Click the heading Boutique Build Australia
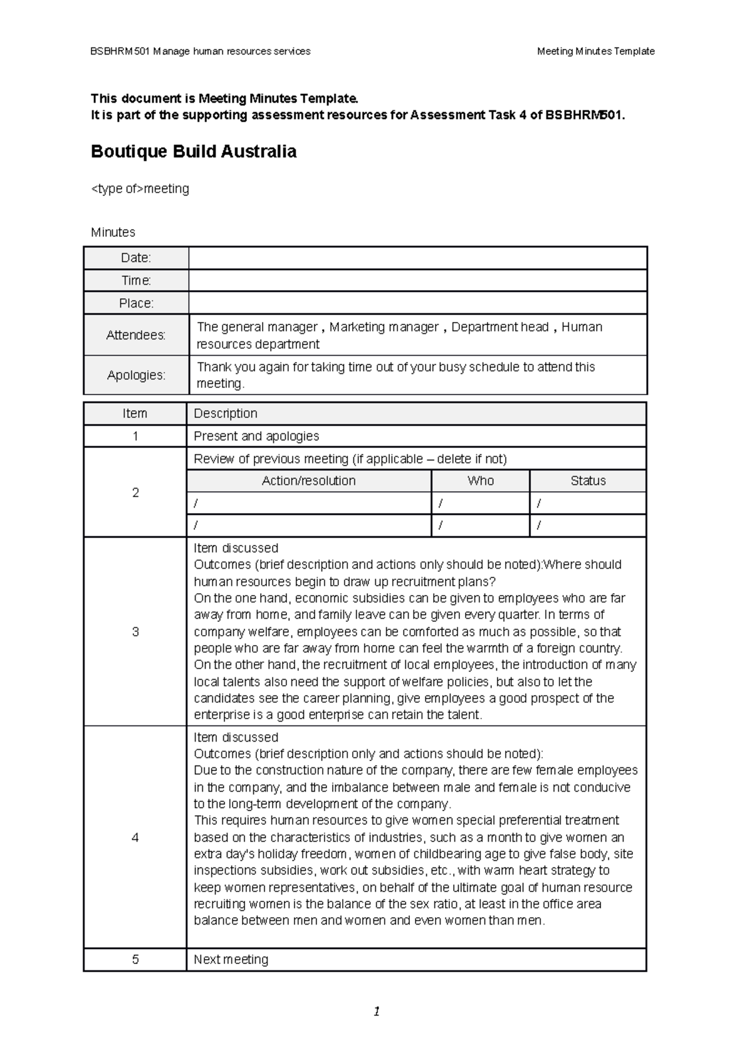pyautogui.click(x=194, y=152)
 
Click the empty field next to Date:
pyautogui.click(x=417, y=258)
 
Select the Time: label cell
pyautogui.click(x=136, y=281)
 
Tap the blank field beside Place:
pyautogui.click(x=417, y=303)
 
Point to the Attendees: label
pyautogui.click(x=136, y=335)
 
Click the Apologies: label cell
pyautogui.click(x=136, y=375)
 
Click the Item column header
pyautogui.click(x=135, y=413)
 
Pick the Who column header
pyautogui.click(x=481, y=481)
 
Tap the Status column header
pyautogui.click(x=588, y=481)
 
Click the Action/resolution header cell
pyautogui.click(x=308, y=481)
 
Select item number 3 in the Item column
pyautogui.click(x=135, y=631)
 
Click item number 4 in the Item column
pyautogui.click(x=135, y=837)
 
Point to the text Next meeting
pyautogui.click(x=231, y=960)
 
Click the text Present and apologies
pyautogui.click(x=256, y=436)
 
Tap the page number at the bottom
pyautogui.click(x=376, y=1012)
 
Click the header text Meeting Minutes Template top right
pyautogui.click(x=595, y=51)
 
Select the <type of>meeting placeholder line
pyautogui.click(x=140, y=189)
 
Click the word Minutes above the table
pyautogui.click(x=113, y=232)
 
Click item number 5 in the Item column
pyautogui.click(x=135, y=960)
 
